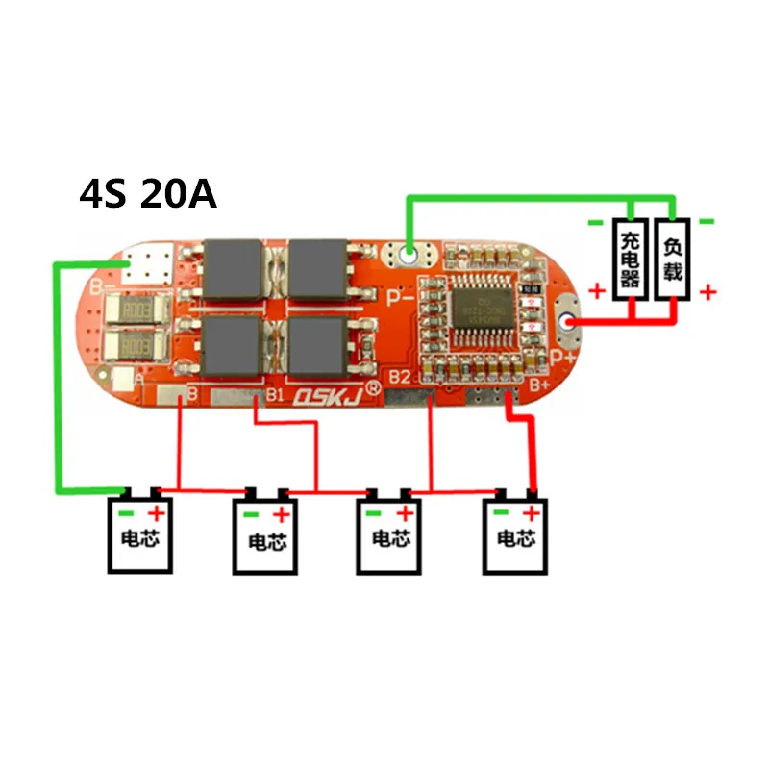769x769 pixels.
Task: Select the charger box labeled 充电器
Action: pos(630,258)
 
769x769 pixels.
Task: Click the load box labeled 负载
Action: pos(673,258)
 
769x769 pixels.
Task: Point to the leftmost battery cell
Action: pos(140,534)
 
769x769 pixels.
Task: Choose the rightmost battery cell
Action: pos(514,534)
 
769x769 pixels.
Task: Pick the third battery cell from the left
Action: pos(390,534)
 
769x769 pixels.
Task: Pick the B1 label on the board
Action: pos(275,394)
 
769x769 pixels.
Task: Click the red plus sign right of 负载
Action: pos(708,291)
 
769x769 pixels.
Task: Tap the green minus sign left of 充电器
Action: pos(596,222)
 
